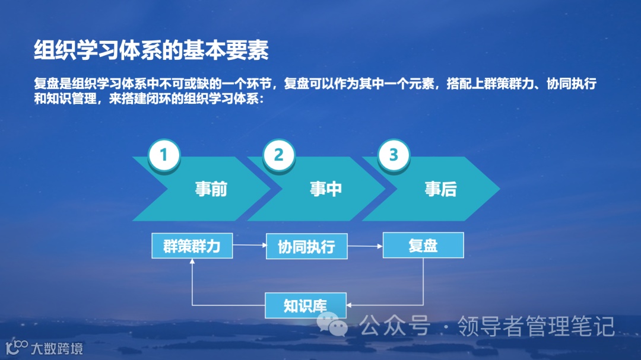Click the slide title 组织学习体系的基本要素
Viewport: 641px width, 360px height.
pyautogui.click(x=151, y=50)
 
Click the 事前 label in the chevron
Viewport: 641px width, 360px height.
pyautogui.click(x=211, y=189)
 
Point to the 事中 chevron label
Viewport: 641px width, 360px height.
pyautogui.click(x=326, y=189)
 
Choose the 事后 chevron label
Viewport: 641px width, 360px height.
pyautogui.click(x=440, y=189)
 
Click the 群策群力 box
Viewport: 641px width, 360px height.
pyautogui.click(x=192, y=246)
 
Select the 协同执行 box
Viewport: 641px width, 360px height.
pyautogui.click(x=306, y=246)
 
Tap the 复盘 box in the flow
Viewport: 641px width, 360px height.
pyautogui.click(x=423, y=246)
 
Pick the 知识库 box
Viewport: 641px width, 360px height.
pyautogui.click(x=305, y=305)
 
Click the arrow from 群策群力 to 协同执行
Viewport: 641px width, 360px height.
pyautogui.click(x=249, y=246)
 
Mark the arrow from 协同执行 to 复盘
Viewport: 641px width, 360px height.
pyautogui.click(x=365, y=246)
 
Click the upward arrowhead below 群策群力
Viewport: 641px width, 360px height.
pyautogui.click(x=192, y=262)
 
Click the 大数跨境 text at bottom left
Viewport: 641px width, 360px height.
pyautogui.click(x=57, y=348)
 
